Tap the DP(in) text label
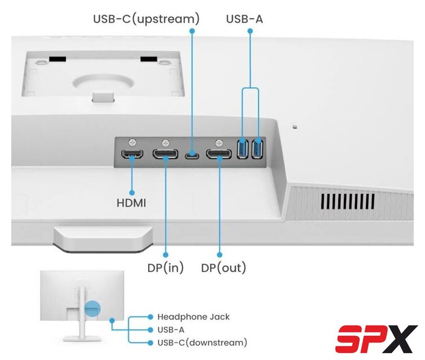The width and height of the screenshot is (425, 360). (165, 268)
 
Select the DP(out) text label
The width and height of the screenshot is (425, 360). (223, 268)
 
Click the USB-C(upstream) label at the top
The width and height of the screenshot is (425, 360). (146, 19)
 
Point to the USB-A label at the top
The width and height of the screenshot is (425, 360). (244, 19)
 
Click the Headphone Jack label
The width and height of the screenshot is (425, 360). (193, 317)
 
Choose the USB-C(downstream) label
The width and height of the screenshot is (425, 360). (202, 343)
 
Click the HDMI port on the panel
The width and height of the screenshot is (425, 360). (132, 154)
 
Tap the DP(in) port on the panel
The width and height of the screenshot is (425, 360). (165, 154)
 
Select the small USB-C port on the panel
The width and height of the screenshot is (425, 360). (192, 155)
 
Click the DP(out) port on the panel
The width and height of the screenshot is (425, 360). (218, 154)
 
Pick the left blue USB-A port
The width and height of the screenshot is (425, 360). (243, 149)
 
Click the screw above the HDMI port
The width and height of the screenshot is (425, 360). (132, 142)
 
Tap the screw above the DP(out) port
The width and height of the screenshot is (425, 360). (218, 142)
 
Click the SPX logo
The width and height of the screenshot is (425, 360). (377, 339)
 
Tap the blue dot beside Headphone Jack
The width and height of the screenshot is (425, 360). (150, 317)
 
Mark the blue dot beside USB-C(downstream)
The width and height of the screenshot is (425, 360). (150, 343)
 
